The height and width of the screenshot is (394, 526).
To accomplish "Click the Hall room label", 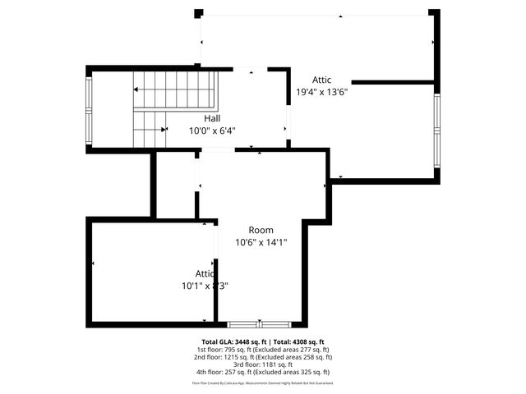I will click(x=212, y=118).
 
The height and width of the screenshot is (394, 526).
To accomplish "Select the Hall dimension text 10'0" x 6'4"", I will click(x=212, y=130).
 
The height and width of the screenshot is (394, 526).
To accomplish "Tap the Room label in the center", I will click(x=261, y=230).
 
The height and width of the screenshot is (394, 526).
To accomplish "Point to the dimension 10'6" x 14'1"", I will click(x=261, y=242).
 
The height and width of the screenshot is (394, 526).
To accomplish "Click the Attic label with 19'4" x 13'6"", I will click(x=321, y=80).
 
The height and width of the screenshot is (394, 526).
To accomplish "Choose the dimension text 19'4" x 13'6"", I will click(x=321, y=92).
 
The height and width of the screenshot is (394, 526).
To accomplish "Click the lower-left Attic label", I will click(x=205, y=273).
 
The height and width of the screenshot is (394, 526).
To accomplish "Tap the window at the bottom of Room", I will click(x=259, y=324).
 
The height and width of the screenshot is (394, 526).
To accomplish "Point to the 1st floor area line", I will click(x=263, y=350).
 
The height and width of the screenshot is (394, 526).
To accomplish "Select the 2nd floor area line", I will click(x=263, y=357).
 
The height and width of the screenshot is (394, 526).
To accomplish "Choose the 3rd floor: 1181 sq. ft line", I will click(x=263, y=364).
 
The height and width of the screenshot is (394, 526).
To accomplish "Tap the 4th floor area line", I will click(x=263, y=372).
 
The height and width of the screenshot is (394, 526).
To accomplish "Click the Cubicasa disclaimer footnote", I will click(x=263, y=383).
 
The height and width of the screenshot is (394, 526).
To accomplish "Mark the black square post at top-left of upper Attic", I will click(x=198, y=13).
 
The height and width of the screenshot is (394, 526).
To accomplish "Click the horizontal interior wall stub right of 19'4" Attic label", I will click(x=392, y=82).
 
